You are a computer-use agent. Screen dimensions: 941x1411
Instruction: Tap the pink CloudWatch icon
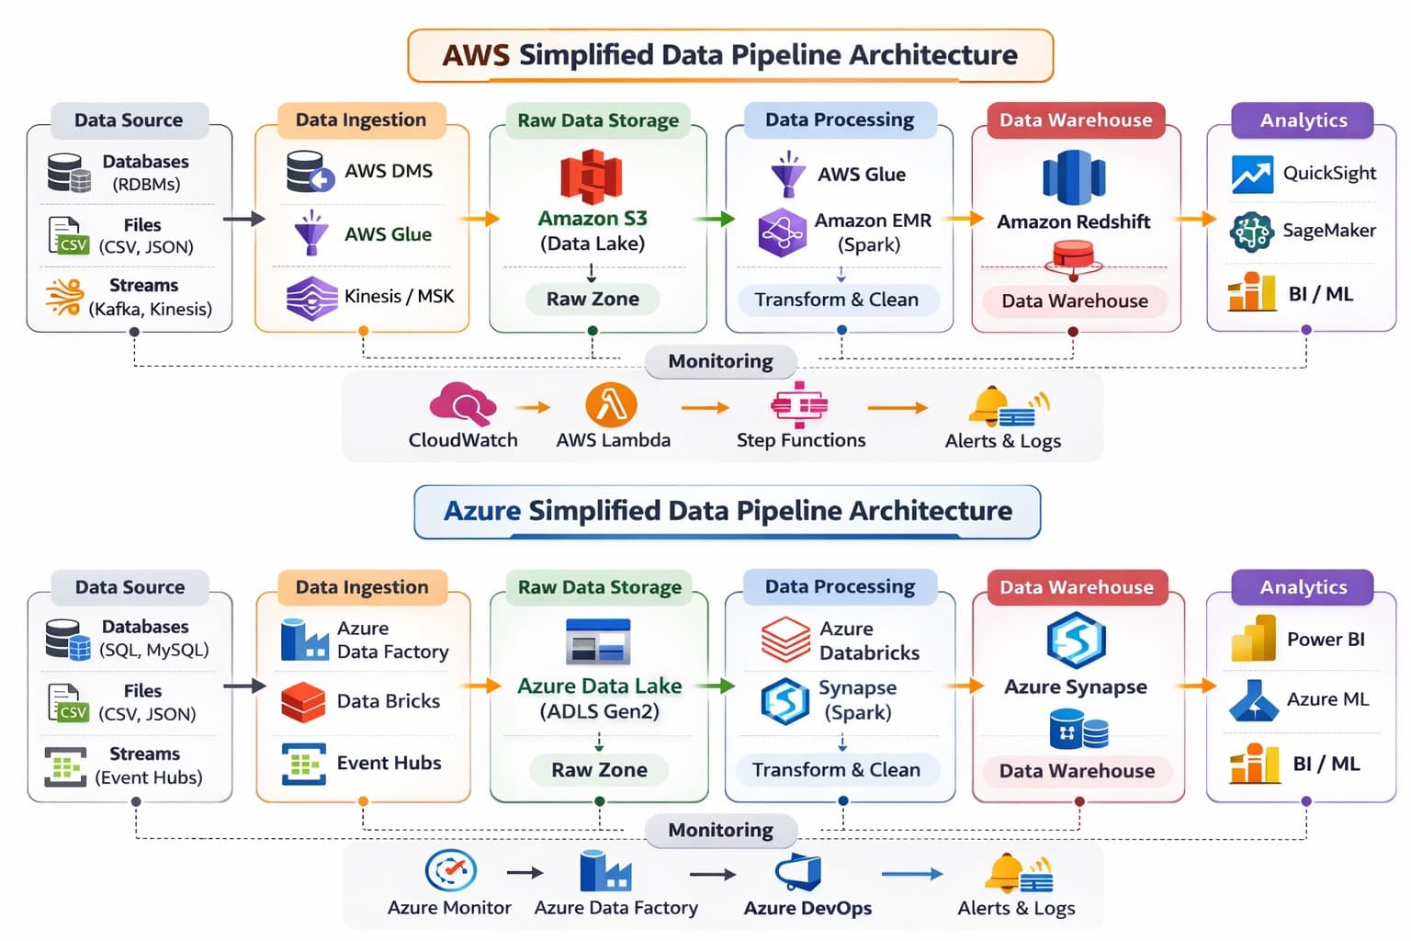tap(462, 403)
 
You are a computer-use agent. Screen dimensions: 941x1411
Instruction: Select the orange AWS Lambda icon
tap(611, 404)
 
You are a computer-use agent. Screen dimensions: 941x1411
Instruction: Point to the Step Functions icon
tap(799, 404)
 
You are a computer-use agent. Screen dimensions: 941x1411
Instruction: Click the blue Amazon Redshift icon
tap(1074, 178)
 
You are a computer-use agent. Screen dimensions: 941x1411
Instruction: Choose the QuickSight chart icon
tap(1251, 175)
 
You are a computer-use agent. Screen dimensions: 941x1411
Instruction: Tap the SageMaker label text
tap(1328, 230)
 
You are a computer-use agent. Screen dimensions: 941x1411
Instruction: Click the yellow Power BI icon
tap(1253, 639)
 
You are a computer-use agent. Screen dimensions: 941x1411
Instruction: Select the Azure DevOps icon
tap(798, 872)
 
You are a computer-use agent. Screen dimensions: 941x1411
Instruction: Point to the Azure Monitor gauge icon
tap(450, 869)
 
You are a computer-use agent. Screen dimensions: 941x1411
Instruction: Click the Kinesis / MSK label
tap(399, 296)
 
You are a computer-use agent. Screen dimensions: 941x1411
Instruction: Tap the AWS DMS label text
tap(388, 171)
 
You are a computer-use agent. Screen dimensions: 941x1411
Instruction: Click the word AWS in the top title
tap(475, 55)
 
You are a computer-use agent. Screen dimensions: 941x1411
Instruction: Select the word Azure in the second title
tap(481, 511)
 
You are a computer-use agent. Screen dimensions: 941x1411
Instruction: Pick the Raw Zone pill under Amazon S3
tap(593, 299)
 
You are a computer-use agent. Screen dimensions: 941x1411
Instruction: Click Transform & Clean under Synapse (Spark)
tap(836, 769)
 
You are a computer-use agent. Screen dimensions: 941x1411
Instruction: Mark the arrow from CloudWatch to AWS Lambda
tap(532, 407)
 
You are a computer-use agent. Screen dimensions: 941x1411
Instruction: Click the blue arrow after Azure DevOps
tap(911, 873)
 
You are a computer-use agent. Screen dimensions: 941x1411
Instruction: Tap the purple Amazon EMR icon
tap(782, 232)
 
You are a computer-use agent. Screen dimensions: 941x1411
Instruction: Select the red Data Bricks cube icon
tap(303, 702)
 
